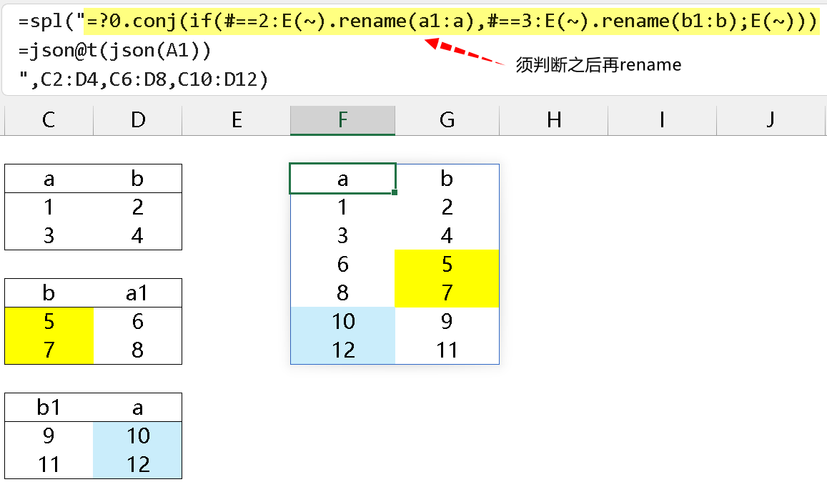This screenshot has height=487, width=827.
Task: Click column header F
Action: pyautogui.click(x=342, y=119)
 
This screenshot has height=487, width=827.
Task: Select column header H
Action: pyautogui.click(x=553, y=119)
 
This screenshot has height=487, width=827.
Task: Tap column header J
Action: pyautogui.click(x=770, y=119)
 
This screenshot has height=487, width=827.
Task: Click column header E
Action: pyautogui.click(x=237, y=119)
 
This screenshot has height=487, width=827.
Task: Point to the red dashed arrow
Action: pyautogui.click(x=465, y=51)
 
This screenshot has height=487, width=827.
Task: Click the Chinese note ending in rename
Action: pyautogui.click(x=598, y=65)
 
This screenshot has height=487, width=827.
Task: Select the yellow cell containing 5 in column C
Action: pyautogui.click(x=49, y=321)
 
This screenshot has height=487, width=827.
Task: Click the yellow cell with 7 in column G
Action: pyautogui.click(x=447, y=292)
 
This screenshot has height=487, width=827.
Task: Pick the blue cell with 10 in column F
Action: pyautogui.click(x=343, y=321)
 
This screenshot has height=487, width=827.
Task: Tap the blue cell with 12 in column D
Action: pyautogui.click(x=138, y=464)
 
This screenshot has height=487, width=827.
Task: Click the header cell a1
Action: pyautogui.click(x=137, y=292)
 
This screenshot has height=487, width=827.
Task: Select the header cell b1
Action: pyautogui.click(x=49, y=408)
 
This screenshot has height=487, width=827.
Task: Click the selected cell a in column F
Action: pyautogui.click(x=343, y=179)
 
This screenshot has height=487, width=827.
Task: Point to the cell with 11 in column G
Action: pyautogui.click(x=447, y=350)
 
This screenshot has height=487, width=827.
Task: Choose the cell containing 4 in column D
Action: pyautogui.click(x=137, y=235)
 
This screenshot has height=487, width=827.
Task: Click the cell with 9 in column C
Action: pyautogui.click(x=49, y=436)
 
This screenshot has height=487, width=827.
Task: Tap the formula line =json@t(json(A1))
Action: pyautogui.click(x=114, y=51)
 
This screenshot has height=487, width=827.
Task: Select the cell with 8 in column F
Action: pyautogui.click(x=343, y=292)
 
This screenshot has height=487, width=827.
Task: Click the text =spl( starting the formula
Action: pyautogui.click(x=47, y=21)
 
